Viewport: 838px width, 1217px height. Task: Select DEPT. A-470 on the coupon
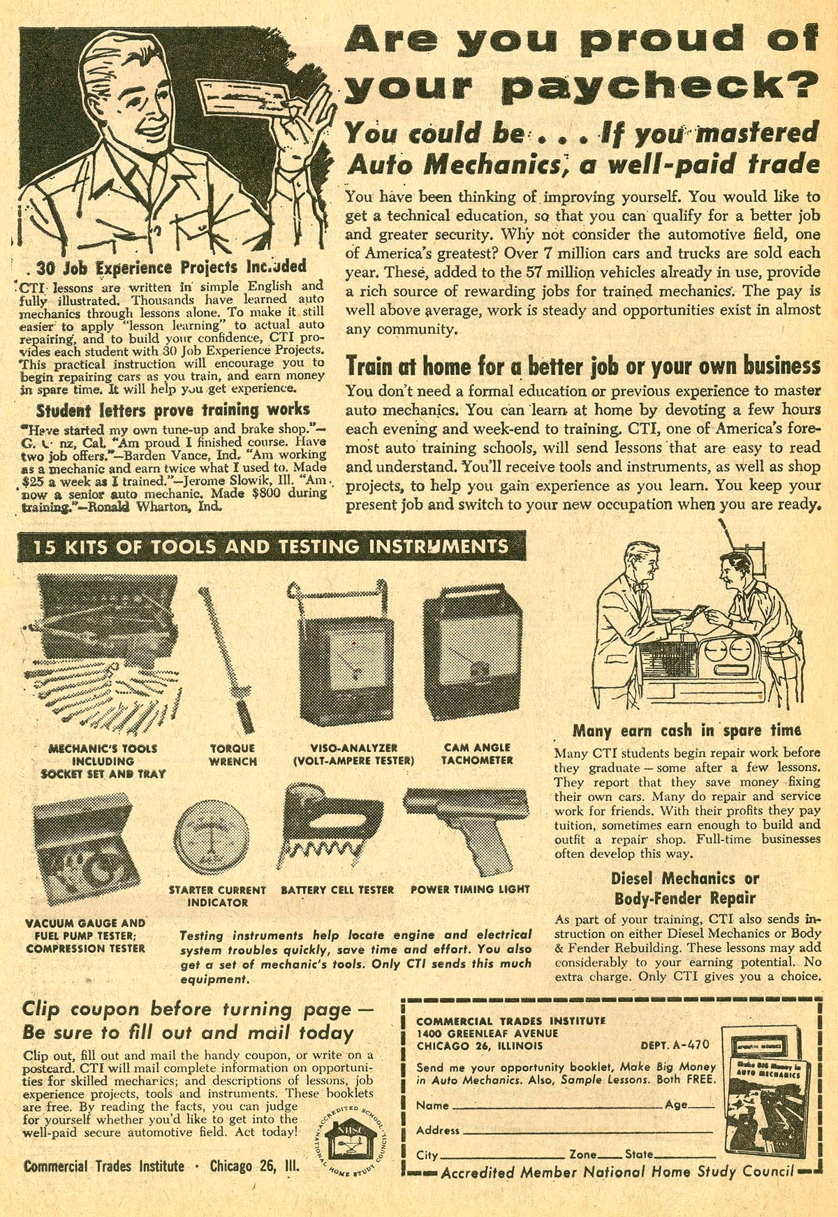click(x=675, y=1045)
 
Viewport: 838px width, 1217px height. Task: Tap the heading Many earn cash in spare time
click(x=686, y=731)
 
